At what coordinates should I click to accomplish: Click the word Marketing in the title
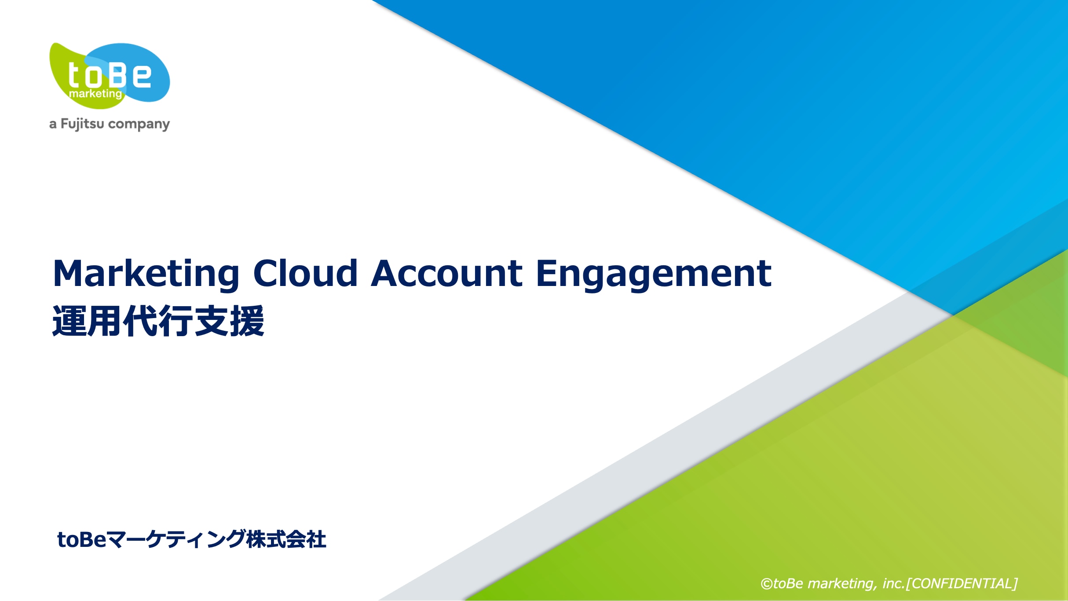click(x=146, y=275)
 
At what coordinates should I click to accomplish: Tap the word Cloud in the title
click(x=305, y=273)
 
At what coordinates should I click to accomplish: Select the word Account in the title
click(x=447, y=273)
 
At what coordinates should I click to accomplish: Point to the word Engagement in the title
click(x=654, y=275)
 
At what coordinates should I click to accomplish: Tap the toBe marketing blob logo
click(x=110, y=76)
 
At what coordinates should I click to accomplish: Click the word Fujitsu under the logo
click(x=82, y=125)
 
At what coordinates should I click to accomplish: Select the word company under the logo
click(x=139, y=125)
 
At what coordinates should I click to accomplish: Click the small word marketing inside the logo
click(x=95, y=94)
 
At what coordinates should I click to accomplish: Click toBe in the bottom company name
click(x=82, y=539)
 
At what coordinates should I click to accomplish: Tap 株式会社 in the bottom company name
click(x=286, y=539)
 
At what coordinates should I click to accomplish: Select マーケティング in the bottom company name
click(x=176, y=539)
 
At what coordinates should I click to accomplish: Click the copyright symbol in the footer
click(x=767, y=584)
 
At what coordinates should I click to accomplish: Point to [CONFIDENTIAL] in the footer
click(x=962, y=583)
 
